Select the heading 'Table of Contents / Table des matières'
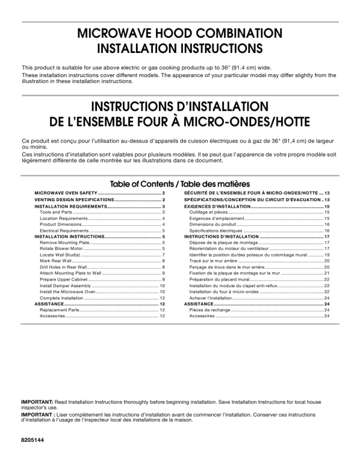(180, 184)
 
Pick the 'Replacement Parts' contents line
(59, 310)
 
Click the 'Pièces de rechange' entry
(209, 310)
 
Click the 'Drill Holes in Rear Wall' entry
(63, 267)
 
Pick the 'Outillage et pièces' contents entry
(209, 212)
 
